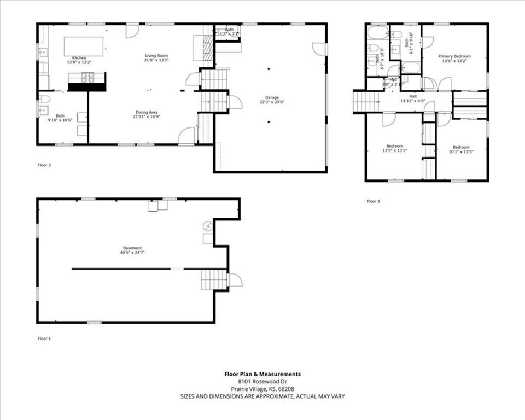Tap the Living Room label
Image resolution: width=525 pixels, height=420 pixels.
[x=156, y=55]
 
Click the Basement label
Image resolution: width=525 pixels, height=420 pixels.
[x=132, y=248]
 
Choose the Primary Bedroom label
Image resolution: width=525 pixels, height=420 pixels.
[x=454, y=56]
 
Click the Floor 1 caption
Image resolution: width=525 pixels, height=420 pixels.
[x=44, y=339]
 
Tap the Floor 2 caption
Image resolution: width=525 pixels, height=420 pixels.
[x=44, y=165]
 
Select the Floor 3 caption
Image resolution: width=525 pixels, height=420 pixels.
[x=373, y=201]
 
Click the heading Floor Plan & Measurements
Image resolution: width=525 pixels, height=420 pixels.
[x=262, y=374]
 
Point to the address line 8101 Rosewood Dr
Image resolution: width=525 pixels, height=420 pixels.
[x=262, y=381]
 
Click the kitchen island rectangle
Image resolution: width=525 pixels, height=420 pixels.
[x=84, y=46]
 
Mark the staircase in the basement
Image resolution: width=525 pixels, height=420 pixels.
[x=214, y=279]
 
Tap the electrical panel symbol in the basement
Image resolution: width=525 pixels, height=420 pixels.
[x=208, y=225]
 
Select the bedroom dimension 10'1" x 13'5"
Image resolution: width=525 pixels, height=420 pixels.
[x=461, y=151]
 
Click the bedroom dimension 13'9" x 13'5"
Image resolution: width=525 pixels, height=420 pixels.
[x=394, y=151]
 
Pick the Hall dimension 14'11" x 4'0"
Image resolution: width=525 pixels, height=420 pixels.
[x=413, y=101]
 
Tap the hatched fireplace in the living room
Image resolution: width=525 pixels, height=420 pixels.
[x=207, y=50]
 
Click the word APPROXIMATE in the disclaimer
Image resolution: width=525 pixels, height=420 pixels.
[x=278, y=396]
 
